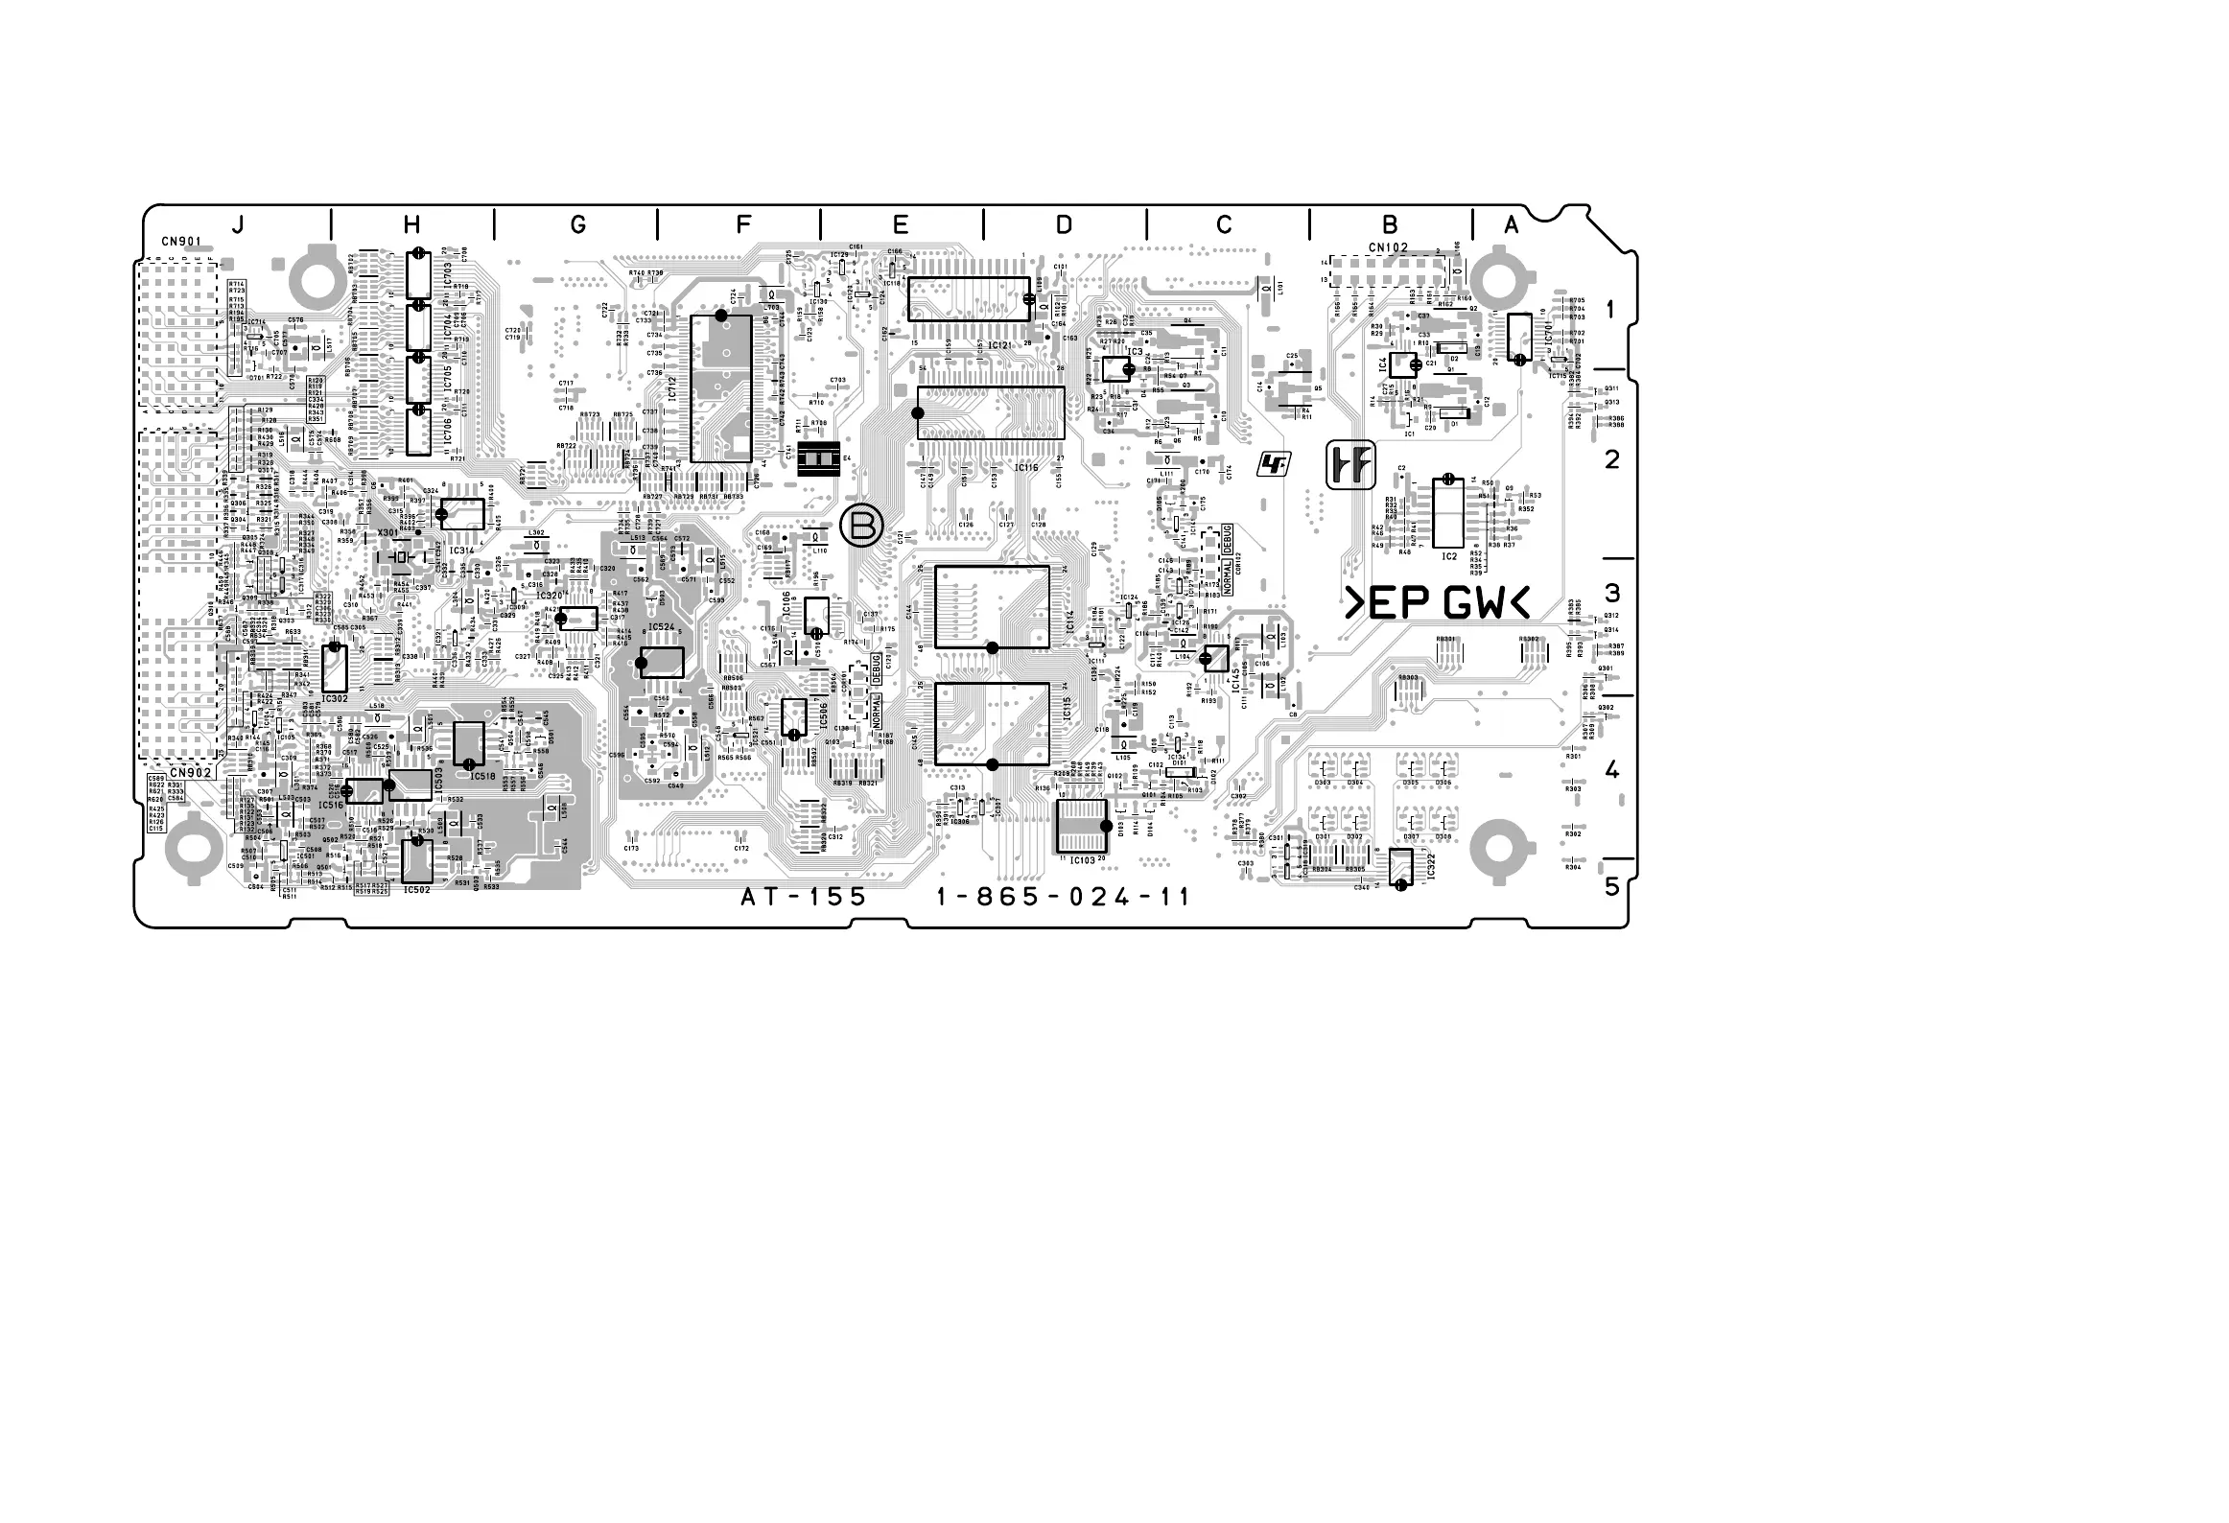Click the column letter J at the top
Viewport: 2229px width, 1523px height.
click(237, 224)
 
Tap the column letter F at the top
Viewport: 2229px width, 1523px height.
click(743, 224)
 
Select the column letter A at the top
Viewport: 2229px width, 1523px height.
click(1512, 224)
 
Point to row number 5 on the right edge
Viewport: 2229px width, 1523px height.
click(1612, 886)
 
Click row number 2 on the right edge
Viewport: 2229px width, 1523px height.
click(1612, 459)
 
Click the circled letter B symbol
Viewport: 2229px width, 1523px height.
click(860, 526)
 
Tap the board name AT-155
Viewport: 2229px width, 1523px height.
click(804, 897)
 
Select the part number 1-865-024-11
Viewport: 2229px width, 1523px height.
click(1064, 897)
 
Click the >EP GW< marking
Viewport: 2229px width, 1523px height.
click(1437, 604)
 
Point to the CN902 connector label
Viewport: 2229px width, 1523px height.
click(190, 772)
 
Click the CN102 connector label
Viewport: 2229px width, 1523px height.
click(1388, 247)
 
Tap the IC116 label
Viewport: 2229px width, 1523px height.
click(1026, 467)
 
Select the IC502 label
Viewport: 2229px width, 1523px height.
click(416, 890)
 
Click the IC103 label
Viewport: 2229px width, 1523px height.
click(1082, 860)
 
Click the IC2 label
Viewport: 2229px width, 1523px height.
click(1449, 556)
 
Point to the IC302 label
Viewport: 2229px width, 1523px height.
click(335, 699)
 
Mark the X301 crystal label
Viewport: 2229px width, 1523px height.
click(388, 532)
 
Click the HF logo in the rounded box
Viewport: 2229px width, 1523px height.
click(1350, 466)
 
